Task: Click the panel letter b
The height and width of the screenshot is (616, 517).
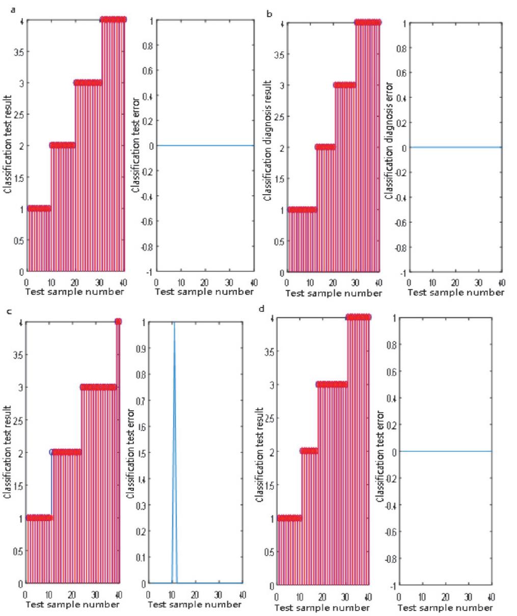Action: click(269, 13)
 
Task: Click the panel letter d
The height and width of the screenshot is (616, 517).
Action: click(262, 308)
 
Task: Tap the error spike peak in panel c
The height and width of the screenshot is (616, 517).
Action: click(174, 323)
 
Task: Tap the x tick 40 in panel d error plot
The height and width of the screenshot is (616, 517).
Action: click(491, 596)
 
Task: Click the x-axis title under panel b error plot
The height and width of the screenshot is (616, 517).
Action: click(456, 292)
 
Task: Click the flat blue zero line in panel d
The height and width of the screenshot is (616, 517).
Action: click(446, 451)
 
